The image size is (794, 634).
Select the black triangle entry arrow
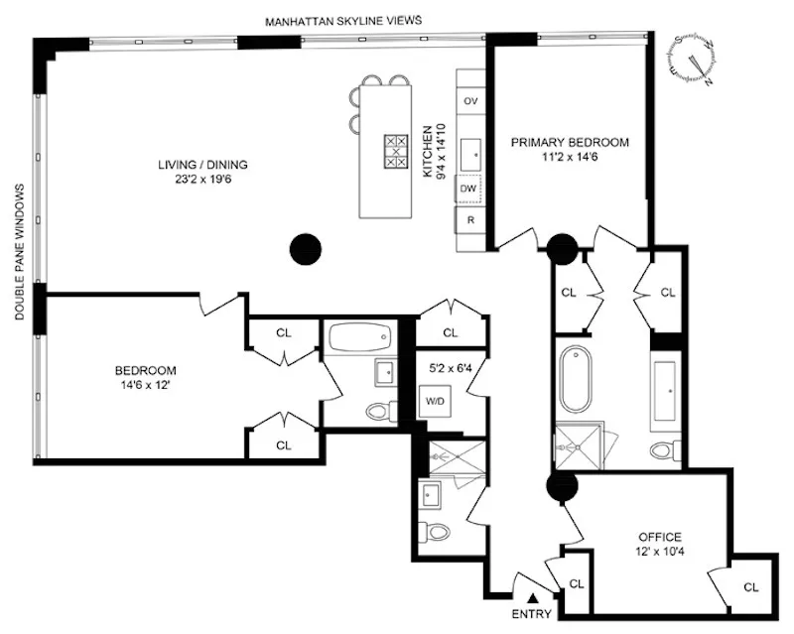pyautogui.click(x=533, y=597)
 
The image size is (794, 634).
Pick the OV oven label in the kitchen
pyautogui.click(x=470, y=101)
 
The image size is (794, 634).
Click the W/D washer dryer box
pyautogui.click(x=435, y=402)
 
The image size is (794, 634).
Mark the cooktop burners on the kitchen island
pyautogui.click(x=396, y=152)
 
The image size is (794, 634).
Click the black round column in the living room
pyautogui.click(x=306, y=247)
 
